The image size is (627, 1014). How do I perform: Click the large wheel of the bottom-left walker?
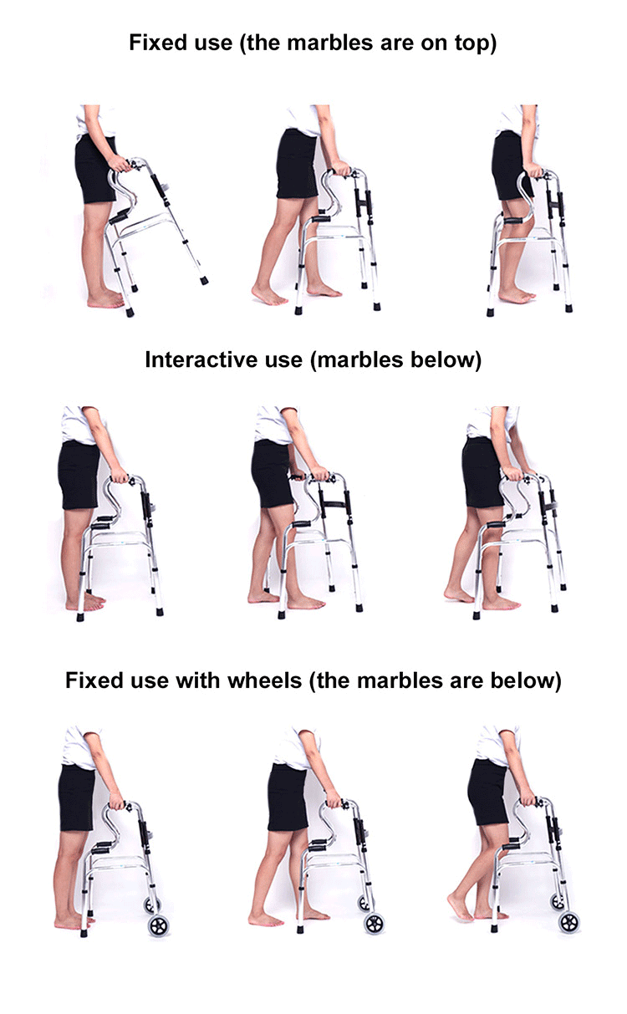coord(159,925)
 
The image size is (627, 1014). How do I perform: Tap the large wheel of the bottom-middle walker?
coord(375,924)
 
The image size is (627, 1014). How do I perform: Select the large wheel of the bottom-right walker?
coord(569,922)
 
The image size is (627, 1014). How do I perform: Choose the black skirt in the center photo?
coord(273,473)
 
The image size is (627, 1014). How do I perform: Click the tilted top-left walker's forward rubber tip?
coord(204,281)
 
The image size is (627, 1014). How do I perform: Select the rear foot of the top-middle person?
coord(269,296)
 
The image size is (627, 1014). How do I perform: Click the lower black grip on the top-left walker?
coord(119,217)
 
